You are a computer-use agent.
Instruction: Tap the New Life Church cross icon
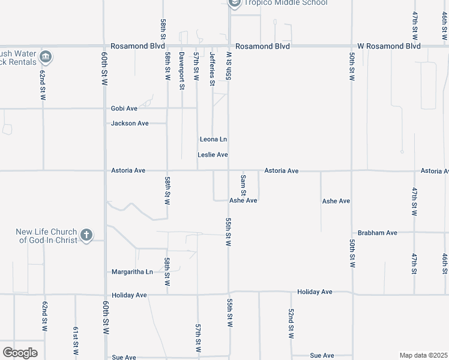86,235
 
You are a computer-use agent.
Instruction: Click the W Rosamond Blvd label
389,46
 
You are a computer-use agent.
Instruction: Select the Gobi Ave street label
124,109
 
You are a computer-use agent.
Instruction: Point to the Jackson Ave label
130,124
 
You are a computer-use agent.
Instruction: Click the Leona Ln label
213,140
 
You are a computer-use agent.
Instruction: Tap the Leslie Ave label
213,155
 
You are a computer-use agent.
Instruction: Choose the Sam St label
243,185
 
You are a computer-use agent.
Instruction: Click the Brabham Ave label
377,233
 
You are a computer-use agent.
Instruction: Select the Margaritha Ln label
132,272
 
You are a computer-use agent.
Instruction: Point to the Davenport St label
181,71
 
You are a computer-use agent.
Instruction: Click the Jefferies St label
212,69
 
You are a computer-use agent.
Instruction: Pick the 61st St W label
76,341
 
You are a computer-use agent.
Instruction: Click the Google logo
20,353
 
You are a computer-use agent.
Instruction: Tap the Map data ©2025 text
423,355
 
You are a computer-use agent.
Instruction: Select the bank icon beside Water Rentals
46,58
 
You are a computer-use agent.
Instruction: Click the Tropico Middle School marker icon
235,3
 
